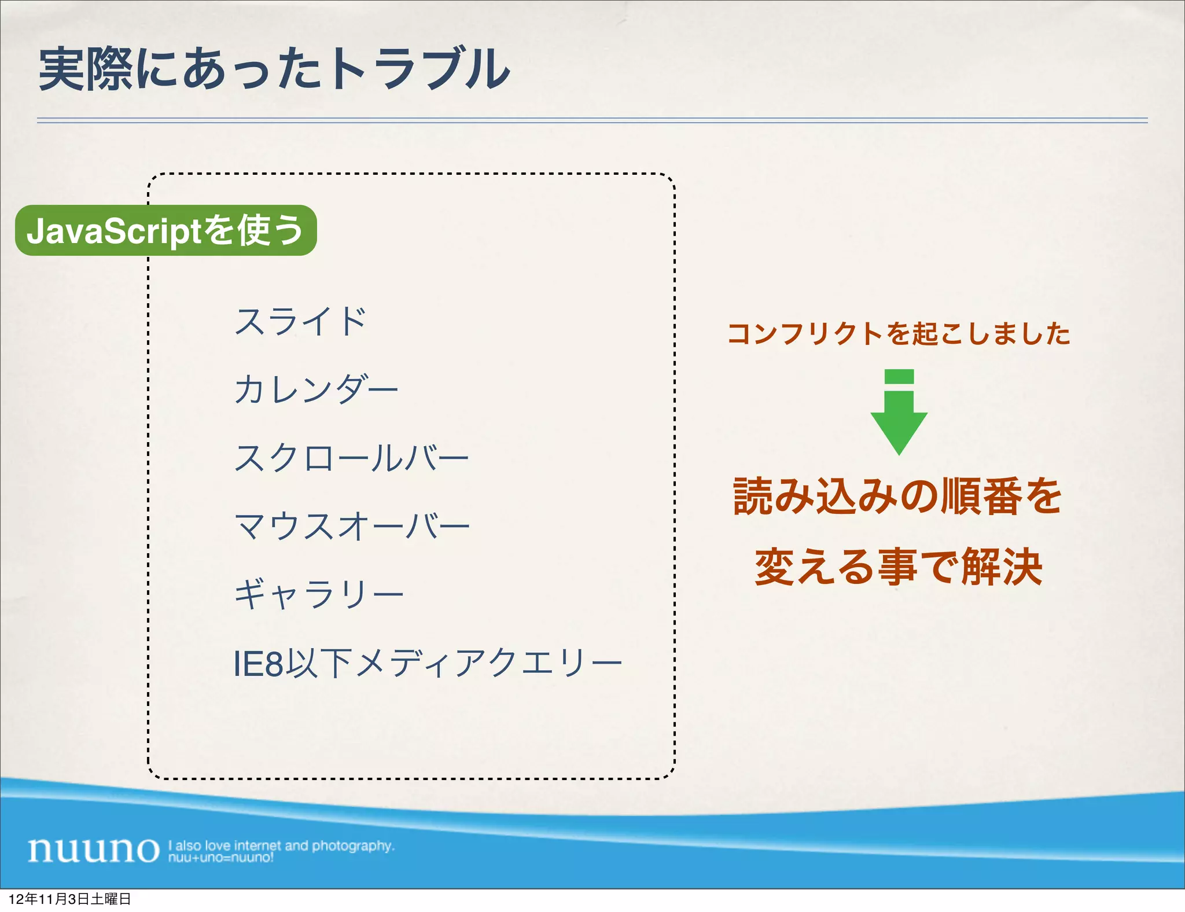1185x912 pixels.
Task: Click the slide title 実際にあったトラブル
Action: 274,69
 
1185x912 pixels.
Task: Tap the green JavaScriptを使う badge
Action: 166,230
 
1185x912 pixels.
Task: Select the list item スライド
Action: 300,321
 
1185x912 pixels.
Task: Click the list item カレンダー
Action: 316,389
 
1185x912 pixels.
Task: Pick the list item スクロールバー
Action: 351,458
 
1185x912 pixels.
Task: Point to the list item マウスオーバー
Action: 352,526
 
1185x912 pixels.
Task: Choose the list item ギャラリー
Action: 318,594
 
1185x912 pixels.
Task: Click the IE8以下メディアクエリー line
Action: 427,663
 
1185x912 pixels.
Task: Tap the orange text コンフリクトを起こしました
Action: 899,334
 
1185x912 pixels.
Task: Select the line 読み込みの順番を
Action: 897,497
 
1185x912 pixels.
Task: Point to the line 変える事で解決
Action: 899,567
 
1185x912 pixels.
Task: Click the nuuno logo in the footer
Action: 94,850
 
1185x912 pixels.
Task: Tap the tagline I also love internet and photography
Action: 281,845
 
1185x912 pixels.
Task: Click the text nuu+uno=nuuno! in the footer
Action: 220,858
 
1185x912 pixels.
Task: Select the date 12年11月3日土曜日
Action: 69,899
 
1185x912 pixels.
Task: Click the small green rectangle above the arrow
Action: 899,377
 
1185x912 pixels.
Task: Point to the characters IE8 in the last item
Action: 258,664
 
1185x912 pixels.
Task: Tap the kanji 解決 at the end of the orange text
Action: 1002,567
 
